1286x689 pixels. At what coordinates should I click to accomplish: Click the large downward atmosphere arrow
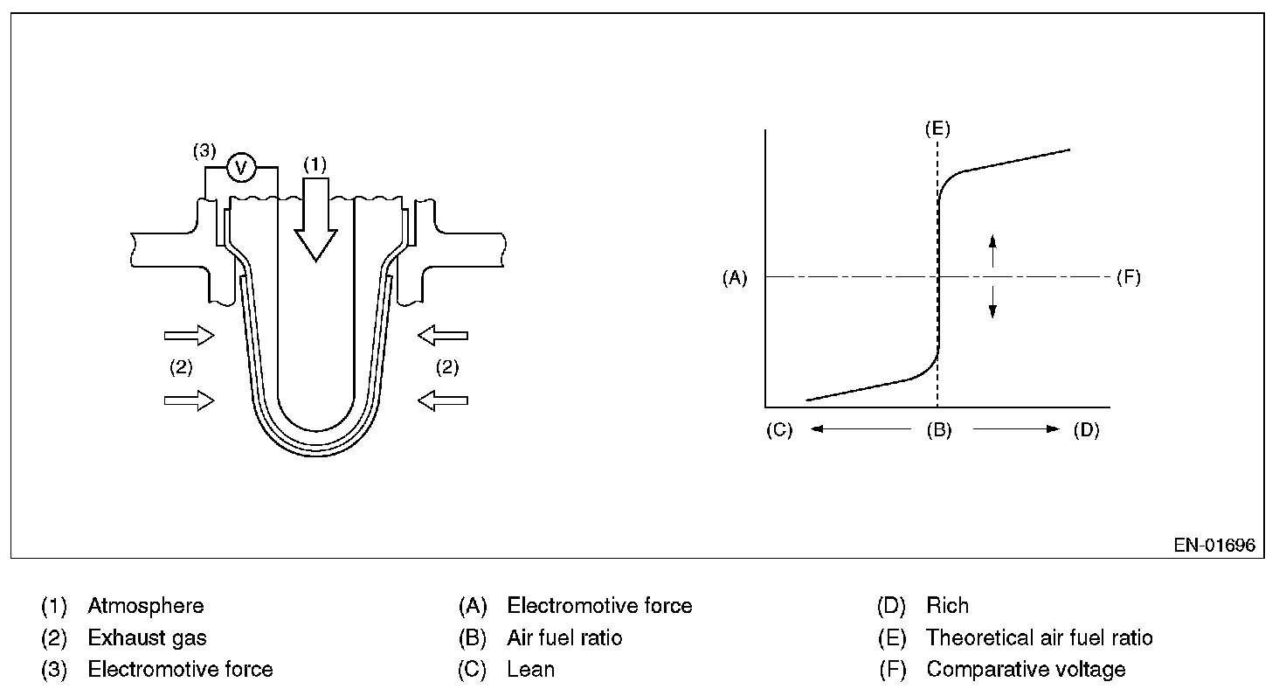click(x=315, y=219)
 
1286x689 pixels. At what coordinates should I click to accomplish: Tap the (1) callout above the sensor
click(x=315, y=164)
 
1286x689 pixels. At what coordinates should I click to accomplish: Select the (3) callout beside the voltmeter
click(x=204, y=151)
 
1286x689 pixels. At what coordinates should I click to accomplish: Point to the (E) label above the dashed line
click(x=937, y=129)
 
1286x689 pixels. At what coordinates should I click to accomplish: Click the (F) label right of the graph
click(x=1128, y=278)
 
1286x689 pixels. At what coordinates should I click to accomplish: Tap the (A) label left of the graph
click(x=735, y=278)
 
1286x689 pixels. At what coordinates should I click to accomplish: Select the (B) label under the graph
click(x=939, y=430)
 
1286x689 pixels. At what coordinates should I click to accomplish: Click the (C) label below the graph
click(x=778, y=430)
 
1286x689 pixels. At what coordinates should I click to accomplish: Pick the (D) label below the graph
click(x=1086, y=430)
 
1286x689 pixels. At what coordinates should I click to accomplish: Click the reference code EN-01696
click(x=1214, y=546)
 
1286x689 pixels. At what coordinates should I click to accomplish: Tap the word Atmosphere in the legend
click(x=146, y=606)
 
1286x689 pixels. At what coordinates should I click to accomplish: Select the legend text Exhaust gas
click(x=148, y=638)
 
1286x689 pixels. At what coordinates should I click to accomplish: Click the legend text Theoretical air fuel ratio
click(x=1040, y=638)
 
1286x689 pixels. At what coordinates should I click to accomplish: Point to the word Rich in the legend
click(x=948, y=606)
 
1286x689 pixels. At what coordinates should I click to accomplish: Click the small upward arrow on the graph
click(x=992, y=252)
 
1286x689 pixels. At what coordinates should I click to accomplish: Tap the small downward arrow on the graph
click(x=992, y=301)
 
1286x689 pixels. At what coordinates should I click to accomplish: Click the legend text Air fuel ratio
click(x=564, y=638)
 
